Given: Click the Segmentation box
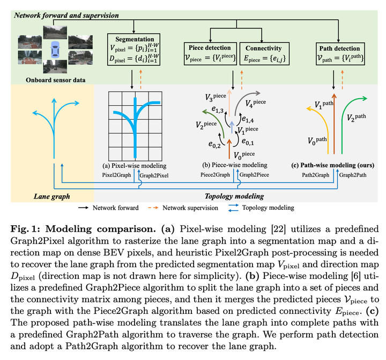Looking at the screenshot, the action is (133, 49).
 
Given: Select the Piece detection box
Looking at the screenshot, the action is (210, 54).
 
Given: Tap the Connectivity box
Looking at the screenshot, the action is (264, 54).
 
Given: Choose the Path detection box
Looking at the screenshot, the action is (340, 54).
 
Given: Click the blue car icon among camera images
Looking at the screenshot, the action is (55, 49).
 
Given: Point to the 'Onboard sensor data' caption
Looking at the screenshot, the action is (56, 80).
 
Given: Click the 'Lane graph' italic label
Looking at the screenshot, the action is (51, 196).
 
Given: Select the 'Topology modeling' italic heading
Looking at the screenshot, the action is (234, 196).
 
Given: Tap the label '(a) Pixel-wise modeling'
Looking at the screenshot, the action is (135, 166).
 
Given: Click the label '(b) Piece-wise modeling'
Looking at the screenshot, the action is (235, 165).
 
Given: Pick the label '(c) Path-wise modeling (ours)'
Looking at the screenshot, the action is (332, 165).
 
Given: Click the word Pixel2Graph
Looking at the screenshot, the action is (117, 175).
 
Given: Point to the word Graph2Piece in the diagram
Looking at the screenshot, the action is (254, 175).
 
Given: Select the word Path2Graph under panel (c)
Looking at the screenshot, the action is (316, 175).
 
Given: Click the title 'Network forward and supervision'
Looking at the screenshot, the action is (66, 15).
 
